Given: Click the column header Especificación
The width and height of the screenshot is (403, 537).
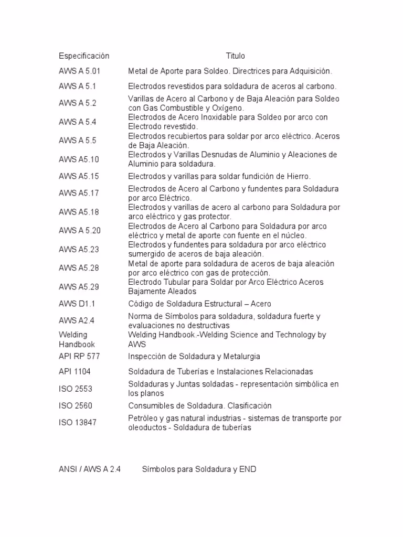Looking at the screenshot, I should [x=84, y=56].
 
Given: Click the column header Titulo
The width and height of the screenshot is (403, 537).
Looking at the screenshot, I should [x=235, y=56].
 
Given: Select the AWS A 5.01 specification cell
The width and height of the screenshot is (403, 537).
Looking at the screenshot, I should [x=79, y=71].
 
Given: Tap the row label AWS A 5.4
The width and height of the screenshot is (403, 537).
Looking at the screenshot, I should [x=78, y=122].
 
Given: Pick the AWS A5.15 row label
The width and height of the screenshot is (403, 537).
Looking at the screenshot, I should [x=79, y=176].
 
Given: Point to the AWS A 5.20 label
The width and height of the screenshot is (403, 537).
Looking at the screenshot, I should [x=80, y=230].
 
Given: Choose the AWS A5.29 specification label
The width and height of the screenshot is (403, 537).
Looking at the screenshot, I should [x=79, y=286].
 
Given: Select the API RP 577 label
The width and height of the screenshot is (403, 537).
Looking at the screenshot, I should [x=79, y=356].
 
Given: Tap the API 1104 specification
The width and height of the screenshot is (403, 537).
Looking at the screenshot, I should [x=75, y=371].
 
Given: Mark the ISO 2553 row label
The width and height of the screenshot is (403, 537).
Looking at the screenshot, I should [x=75, y=389].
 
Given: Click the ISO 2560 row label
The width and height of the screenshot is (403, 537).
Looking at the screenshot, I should [x=75, y=406].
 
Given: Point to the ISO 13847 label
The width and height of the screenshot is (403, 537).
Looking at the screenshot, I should [x=77, y=423].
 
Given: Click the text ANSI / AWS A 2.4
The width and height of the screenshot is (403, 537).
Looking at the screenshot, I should [x=90, y=470].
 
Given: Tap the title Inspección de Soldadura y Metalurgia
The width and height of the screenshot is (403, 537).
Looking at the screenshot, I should [x=194, y=356].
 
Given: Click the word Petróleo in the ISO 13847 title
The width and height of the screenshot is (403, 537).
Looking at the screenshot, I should [x=143, y=418].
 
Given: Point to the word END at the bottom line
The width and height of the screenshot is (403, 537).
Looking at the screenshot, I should [x=248, y=470].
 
